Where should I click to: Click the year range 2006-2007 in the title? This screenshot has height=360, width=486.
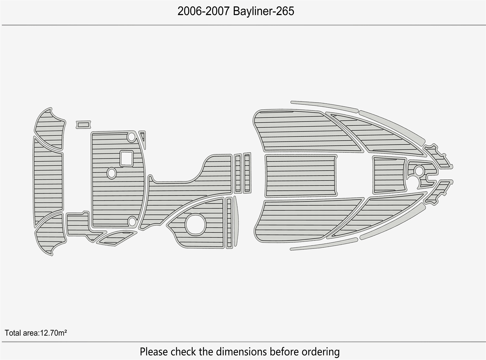pos(203,11)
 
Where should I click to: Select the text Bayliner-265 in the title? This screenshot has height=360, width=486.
pos(264,11)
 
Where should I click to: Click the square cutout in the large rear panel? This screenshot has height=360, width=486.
pos(126,158)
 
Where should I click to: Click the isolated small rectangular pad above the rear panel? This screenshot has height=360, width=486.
pos(83,125)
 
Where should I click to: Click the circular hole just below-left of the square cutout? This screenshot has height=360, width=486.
pos(112,174)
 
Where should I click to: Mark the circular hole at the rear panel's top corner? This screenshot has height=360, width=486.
pos(131,137)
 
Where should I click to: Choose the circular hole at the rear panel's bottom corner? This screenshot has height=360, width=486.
pos(132,221)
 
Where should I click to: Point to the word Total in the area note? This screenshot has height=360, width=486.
pos(13,333)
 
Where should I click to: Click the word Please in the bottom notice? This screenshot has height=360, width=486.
pos(154,351)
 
